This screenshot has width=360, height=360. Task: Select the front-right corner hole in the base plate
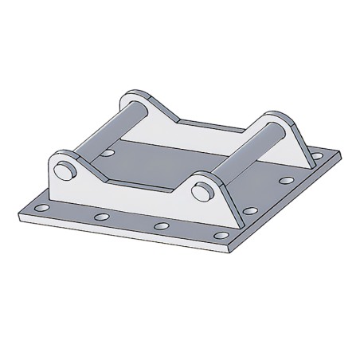click(223, 237)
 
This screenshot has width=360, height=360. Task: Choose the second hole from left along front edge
click(100, 215)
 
